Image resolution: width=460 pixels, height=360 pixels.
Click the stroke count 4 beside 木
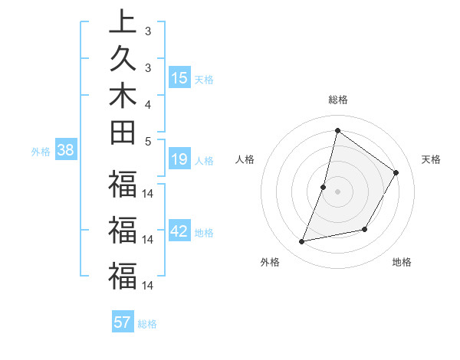[x=147, y=103]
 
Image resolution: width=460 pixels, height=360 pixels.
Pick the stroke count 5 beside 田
[x=147, y=141]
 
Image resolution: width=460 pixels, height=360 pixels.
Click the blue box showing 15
[x=179, y=78]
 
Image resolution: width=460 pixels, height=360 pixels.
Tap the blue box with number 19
[x=179, y=160]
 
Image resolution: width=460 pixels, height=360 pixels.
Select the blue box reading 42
[x=179, y=232]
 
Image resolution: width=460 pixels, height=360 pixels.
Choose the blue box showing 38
[x=65, y=151]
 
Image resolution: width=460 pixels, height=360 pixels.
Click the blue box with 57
[x=123, y=322]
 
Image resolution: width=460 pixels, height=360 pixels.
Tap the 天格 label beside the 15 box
[x=204, y=79]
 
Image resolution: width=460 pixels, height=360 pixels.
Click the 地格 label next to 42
[x=204, y=233]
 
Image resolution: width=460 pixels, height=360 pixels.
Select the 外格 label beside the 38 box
[x=41, y=152]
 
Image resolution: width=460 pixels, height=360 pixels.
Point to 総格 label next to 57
[x=147, y=324]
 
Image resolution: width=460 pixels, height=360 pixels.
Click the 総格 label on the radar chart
[x=337, y=100]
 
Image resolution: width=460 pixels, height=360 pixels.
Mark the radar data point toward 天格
[x=396, y=172]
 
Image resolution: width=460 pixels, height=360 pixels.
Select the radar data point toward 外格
[x=302, y=242]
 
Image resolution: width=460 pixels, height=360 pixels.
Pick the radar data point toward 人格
[x=324, y=187]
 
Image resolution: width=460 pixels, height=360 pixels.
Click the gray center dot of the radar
[x=337, y=191]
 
